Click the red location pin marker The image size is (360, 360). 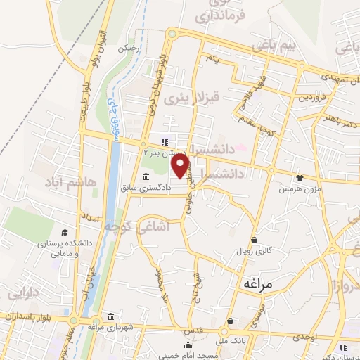pyautogui.click(x=181, y=166)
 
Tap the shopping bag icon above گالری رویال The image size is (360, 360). pyautogui.click(x=253, y=240)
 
